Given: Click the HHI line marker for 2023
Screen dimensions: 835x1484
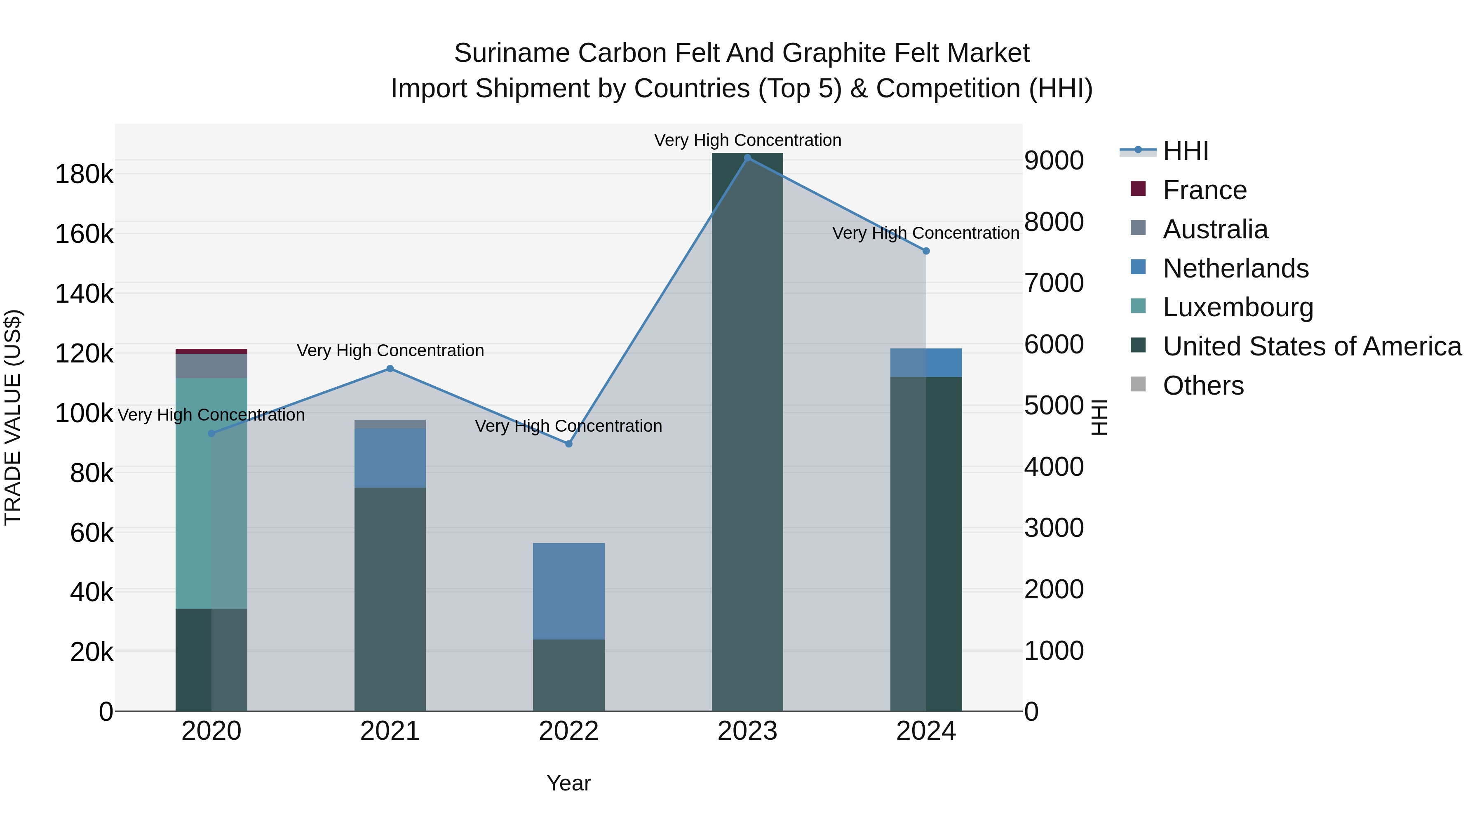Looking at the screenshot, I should (x=747, y=158).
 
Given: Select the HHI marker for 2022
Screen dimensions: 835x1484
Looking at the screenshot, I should (x=568, y=444).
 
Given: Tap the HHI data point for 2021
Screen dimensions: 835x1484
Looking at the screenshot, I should (x=390, y=369).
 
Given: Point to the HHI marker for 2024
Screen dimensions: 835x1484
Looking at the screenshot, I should (x=926, y=251).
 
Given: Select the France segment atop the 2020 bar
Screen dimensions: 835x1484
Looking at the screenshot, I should (x=211, y=351).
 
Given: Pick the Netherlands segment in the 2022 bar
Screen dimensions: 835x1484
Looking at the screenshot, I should (x=568, y=590).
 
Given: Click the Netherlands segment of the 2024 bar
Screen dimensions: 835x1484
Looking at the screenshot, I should (x=926, y=362).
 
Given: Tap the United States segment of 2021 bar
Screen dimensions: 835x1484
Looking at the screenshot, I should (x=390, y=599).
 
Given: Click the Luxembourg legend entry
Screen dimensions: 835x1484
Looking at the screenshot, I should (x=1237, y=307).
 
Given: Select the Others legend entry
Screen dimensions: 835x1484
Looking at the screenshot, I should (x=1203, y=386).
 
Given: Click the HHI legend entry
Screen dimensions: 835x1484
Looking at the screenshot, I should (x=1185, y=151).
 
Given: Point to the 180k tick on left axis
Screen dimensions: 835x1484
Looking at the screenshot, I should (x=84, y=174).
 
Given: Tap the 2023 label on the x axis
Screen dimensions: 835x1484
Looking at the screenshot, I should (x=747, y=731).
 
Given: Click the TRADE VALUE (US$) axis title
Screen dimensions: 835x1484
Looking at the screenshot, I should (x=13, y=417).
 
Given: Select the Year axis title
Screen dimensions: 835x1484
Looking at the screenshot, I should (x=568, y=783).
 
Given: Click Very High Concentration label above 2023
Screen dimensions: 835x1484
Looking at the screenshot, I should (x=747, y=140).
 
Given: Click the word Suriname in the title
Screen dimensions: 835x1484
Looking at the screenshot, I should (x=512, y=53).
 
